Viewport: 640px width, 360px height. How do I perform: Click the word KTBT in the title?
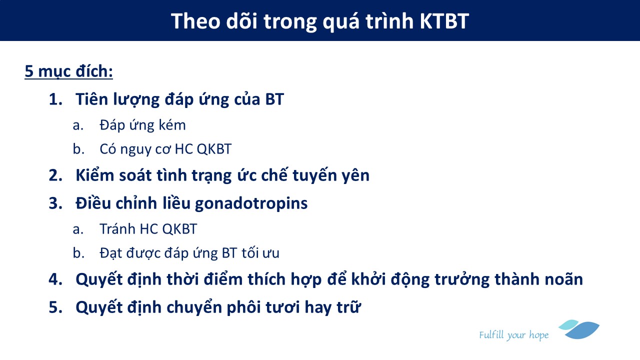[x=444, y=21]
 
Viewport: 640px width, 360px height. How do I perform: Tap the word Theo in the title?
[x=195, y=21]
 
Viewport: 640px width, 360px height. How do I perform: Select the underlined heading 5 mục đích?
[x=68, y=71]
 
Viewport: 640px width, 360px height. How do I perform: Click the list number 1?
[x=55, y=99]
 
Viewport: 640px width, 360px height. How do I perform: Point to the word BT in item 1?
[x=274, y=99]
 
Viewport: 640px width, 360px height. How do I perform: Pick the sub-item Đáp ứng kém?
[x=142, y=125]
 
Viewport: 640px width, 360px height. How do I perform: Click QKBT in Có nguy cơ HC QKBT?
[x=214, y=149]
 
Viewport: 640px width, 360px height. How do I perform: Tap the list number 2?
[x=55, y=175]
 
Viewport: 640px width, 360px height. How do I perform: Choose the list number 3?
[x=55, y=203]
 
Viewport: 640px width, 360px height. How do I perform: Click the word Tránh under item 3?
[x=117, y=229]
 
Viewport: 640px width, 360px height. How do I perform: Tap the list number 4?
[x=55, y=279]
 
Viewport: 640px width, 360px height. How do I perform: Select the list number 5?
[x=55, y=307]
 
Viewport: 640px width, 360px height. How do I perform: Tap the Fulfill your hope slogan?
[x=514, y=335]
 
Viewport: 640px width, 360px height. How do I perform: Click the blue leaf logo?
[x=579, y=329]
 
